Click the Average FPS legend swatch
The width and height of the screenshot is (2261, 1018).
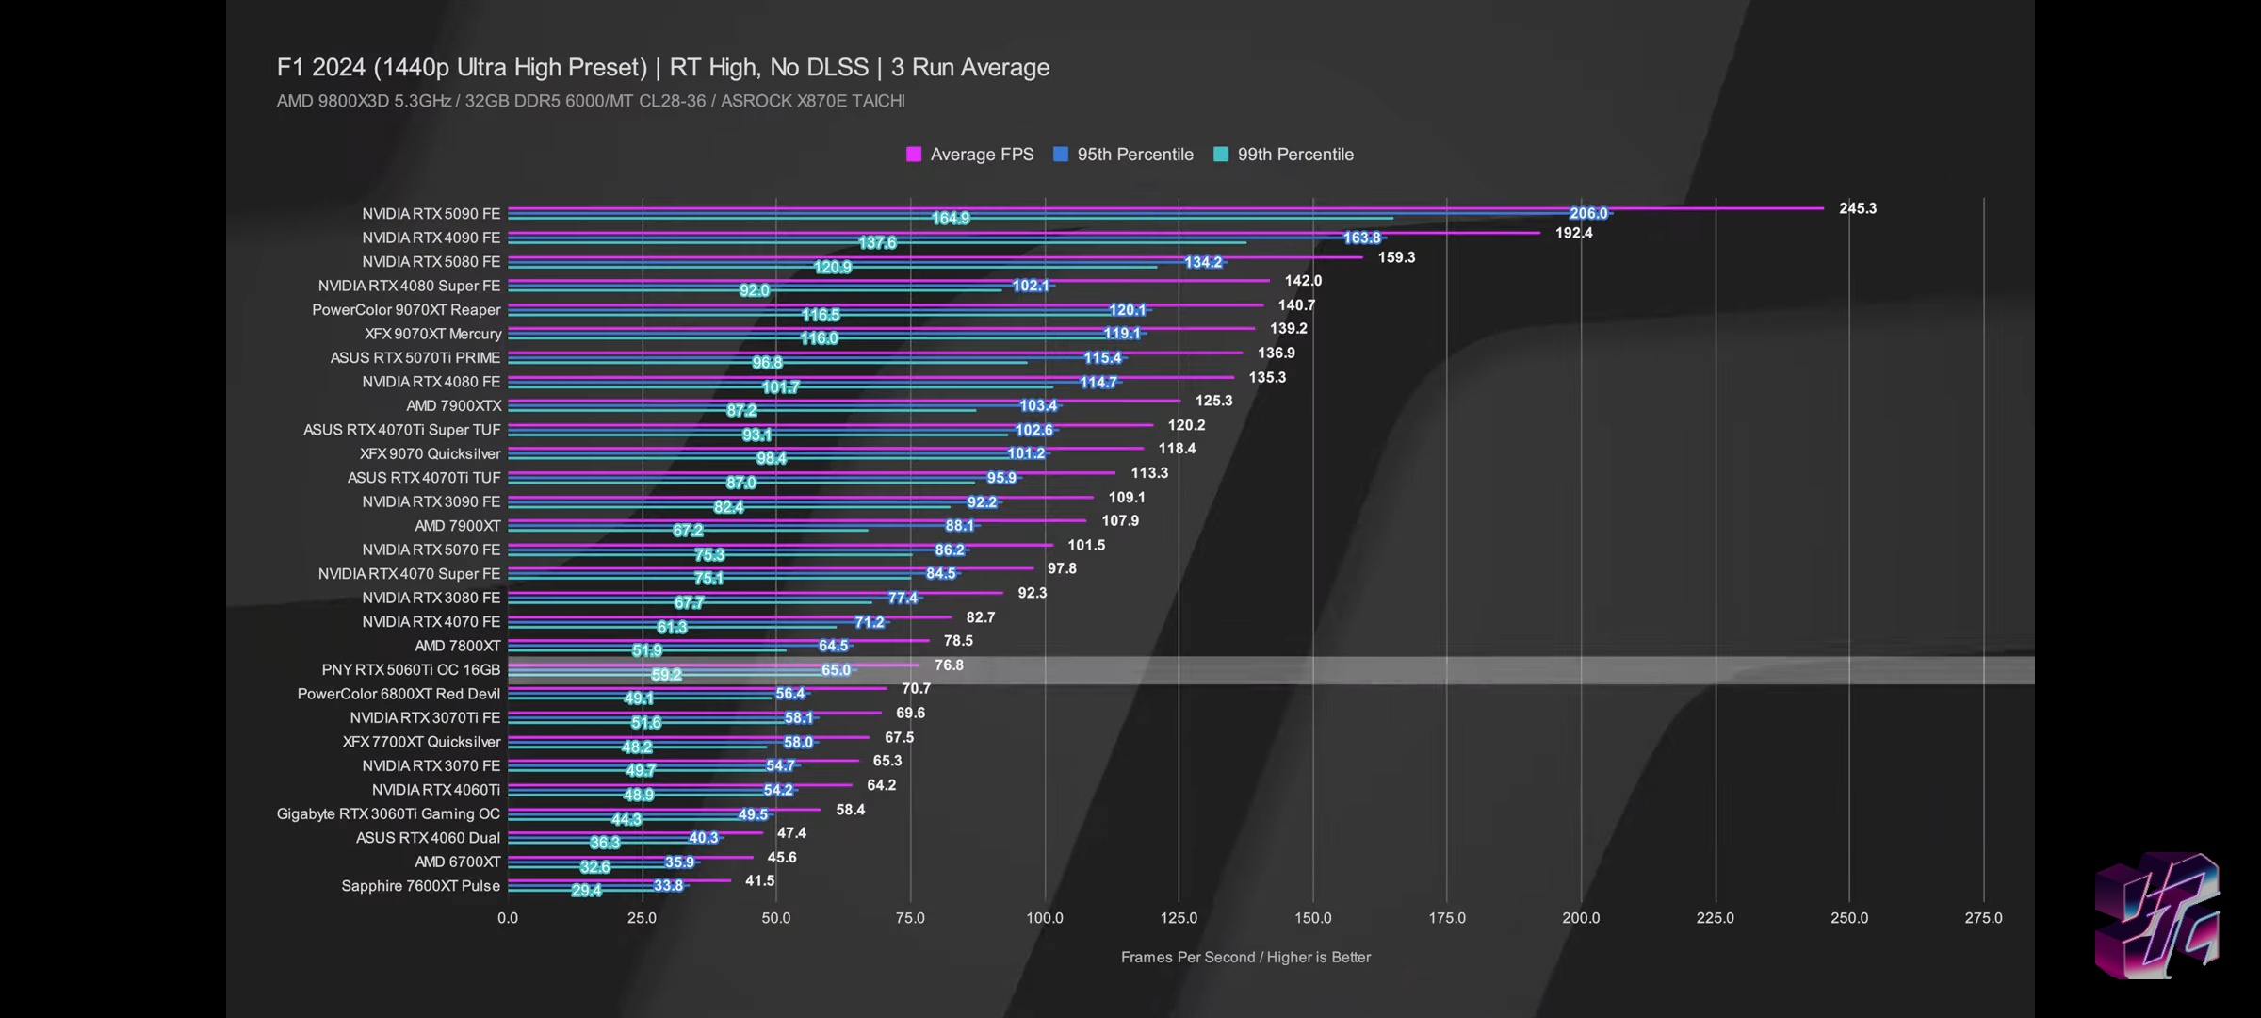click(x=913, y=155)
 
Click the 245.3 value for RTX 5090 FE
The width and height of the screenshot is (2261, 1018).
click(x=1857, y=208)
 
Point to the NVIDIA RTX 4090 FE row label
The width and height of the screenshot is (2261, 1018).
click(x=431, y=238)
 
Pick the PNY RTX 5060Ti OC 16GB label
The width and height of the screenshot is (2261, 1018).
click(x=411, y=669)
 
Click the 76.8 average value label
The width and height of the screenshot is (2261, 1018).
click(x=949, y=665)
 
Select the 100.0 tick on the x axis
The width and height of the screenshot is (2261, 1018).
click(x=1044, y=918)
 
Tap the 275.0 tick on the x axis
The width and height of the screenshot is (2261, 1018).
click(x=1983, y=918)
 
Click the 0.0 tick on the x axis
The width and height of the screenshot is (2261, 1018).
click(x=508, y=918)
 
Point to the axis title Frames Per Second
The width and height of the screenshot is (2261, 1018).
click(x=1244, y=958)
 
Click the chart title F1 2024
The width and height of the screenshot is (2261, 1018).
click(x=662, y=68)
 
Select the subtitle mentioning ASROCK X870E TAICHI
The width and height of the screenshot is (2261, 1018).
click(x=590, y=101)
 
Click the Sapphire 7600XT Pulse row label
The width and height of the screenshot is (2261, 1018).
click(x=420, y=886)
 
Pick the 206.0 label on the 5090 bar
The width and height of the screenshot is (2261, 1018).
click(x=1588, y=214)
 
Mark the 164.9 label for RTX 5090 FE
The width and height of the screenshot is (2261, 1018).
click(x=951, y=219)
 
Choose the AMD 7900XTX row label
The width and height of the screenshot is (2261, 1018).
click(x=453, y=406)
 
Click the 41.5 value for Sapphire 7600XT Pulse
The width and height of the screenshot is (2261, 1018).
click(x=759, y=881)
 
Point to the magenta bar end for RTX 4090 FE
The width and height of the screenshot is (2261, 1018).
click(x=1537, y=232)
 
